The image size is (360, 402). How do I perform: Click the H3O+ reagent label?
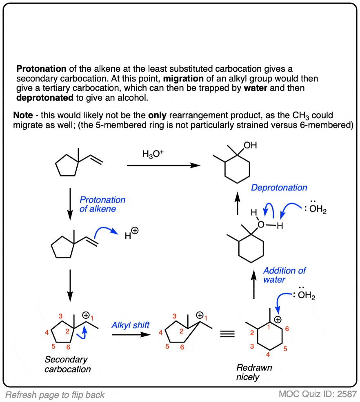[x=153, y=154]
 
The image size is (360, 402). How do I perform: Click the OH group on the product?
[x=250, y=146]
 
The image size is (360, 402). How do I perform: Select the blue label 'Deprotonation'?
[x=279, y=188]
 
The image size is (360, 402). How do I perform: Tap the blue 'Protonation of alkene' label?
[x=102, y=204]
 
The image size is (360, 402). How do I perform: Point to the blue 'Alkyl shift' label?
[x=130, y=325]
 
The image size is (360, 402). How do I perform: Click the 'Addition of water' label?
[x=284, y=275]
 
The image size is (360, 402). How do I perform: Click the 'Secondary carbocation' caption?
[x=67, y=364]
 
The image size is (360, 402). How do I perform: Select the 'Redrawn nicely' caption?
[x=254, y=372]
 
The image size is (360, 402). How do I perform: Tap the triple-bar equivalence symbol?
[x=227, y=334]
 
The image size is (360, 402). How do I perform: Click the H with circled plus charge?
[x=131, y=234]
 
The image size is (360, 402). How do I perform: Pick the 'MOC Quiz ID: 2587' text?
[x=318, y=394]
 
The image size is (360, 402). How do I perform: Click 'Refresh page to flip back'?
[x=55, y=395]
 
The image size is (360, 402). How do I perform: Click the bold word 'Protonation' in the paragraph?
[x=41, y=69]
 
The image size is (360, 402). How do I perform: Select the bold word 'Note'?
[x=23, y=115]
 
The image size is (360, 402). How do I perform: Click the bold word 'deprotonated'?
[x=45, y=98]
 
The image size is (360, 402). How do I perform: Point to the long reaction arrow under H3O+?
[x=163, y=166]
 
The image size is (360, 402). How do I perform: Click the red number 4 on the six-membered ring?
[x=268, y=354]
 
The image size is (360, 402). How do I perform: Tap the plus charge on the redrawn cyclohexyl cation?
[x=278, y=320]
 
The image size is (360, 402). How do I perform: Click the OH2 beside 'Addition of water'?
[x=307, y=295]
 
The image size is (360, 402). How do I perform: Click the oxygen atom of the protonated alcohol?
[x=261, y=225]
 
